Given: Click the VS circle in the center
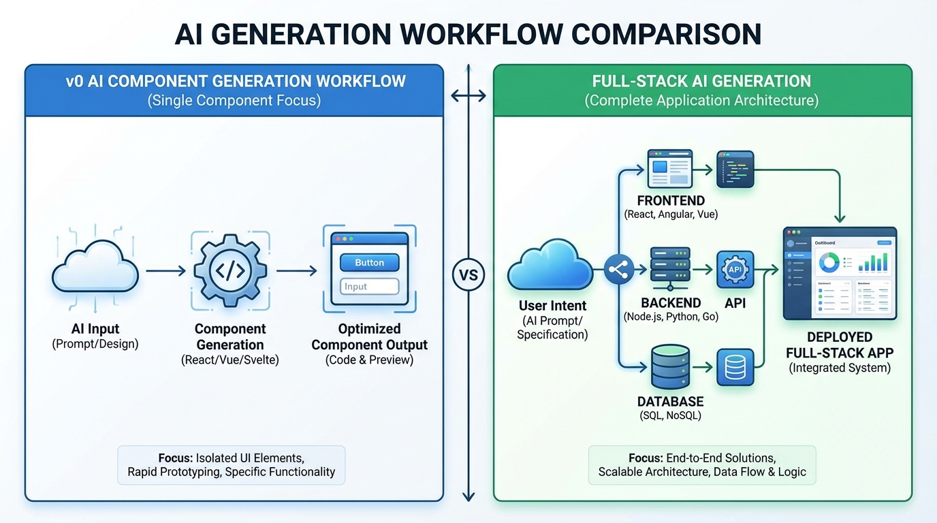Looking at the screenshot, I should (x=469, y=275).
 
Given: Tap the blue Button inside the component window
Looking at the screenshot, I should (x=369, y=262).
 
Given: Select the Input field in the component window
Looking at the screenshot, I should (x=369, y=287).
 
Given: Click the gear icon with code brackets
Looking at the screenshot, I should (x=229, y=270).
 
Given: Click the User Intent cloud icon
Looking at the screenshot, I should (x=550, y=268).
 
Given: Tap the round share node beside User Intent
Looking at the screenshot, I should (x=619, y=270).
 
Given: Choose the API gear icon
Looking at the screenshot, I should (x=735, y=270).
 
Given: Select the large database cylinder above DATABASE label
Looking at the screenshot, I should (x=670, y=366).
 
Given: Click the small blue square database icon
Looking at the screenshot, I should (x=735, y=367).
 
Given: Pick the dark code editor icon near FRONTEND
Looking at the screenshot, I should (x=735, y=169).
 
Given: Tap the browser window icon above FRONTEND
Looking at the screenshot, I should (x=670, y=169).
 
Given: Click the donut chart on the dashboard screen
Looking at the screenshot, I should (x=828, y=261).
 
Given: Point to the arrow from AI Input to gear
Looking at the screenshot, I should (x=165, y=271).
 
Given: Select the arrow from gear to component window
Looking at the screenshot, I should (x=296, y=271).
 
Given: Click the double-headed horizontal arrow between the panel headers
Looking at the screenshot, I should (x=469, y=96).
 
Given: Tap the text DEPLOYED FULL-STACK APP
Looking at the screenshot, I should (x=839, y=345).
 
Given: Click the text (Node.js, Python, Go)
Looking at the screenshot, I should (x=671, y=317).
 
